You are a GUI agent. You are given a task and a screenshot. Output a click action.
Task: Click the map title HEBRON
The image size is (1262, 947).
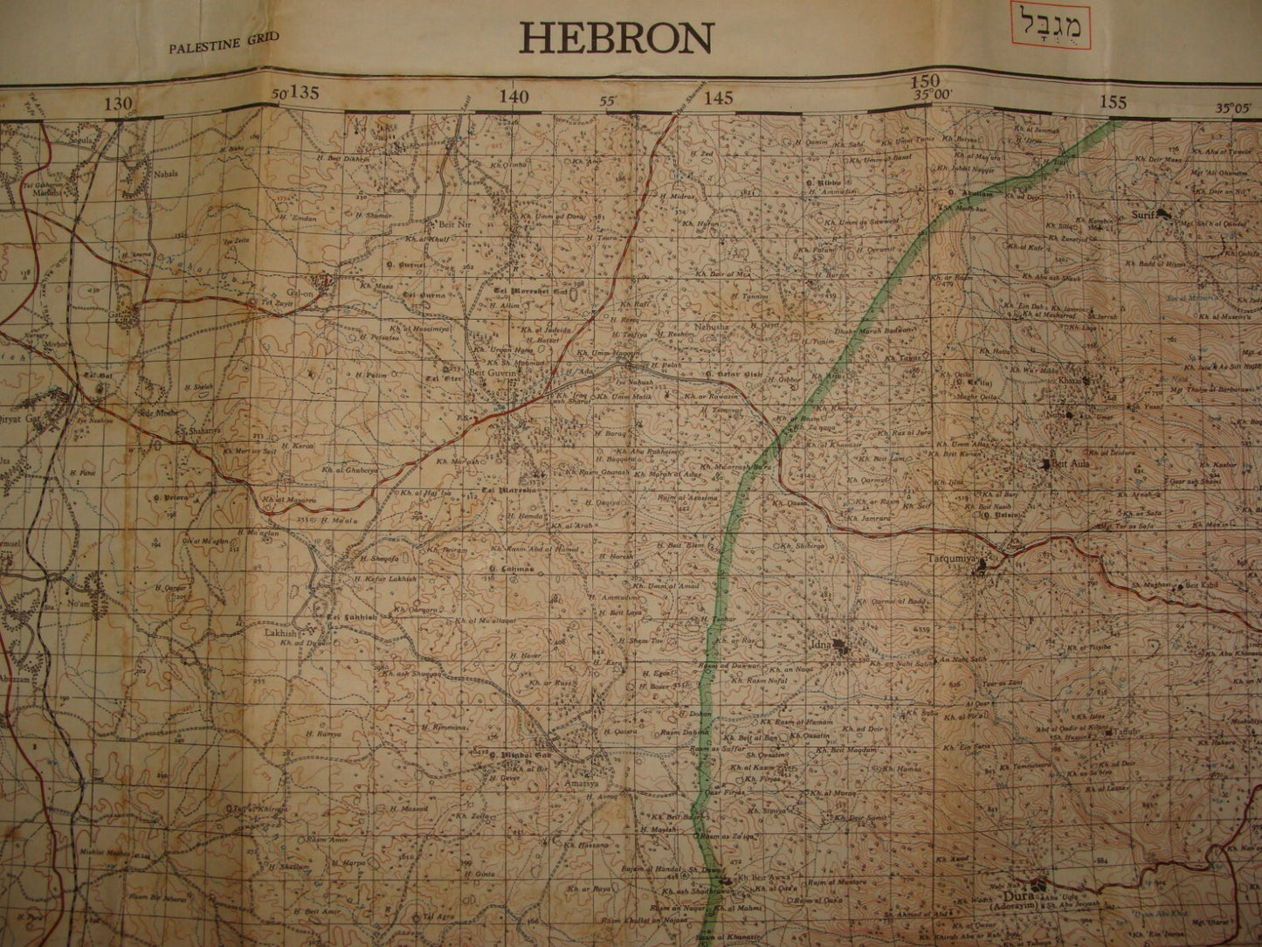(616, 38)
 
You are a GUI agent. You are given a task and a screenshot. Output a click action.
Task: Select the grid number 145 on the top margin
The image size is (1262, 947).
(718, 98)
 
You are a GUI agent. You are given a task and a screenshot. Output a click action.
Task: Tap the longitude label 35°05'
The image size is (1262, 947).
(1233, 108)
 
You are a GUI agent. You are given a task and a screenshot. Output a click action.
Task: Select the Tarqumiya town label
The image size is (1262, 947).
(950, 556)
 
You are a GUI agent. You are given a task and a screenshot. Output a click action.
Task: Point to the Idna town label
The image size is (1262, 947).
(821, 644)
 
